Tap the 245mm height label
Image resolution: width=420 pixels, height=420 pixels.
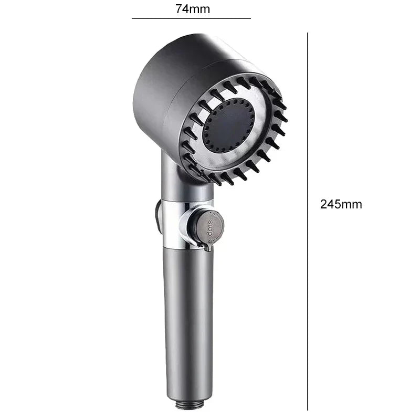point(341,205)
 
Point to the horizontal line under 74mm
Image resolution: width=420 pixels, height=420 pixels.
point(191,19)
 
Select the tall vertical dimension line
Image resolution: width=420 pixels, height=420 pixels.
point(307,220)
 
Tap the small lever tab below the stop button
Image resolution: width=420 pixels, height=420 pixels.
point(208,245)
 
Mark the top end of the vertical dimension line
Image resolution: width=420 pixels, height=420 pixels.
point(307,33)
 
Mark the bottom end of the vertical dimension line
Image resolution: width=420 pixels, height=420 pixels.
point(307,409)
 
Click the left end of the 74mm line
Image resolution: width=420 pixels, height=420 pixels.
point(132,19)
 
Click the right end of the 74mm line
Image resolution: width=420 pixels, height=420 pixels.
point(250,19)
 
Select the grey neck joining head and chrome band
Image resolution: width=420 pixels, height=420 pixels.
point(178,184)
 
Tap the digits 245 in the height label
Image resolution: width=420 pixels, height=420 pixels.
point(330,205)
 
